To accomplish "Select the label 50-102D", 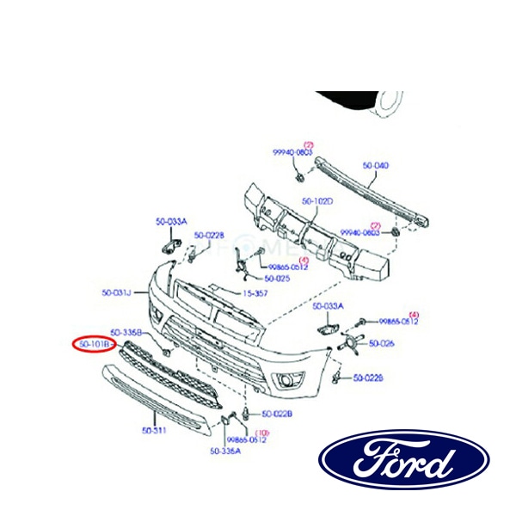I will pyautogui.click(x=317, y=202).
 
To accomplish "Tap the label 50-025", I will pyautogui.click(x=277, y=279).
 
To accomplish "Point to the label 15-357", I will pyautogui.click(x=255, y=293).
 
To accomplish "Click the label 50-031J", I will pyautogui.click(x=116, y=293).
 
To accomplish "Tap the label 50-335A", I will pyautogui.click(x=225, y=450).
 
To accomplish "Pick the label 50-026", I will pyautogui.click(x=382, y=344).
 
